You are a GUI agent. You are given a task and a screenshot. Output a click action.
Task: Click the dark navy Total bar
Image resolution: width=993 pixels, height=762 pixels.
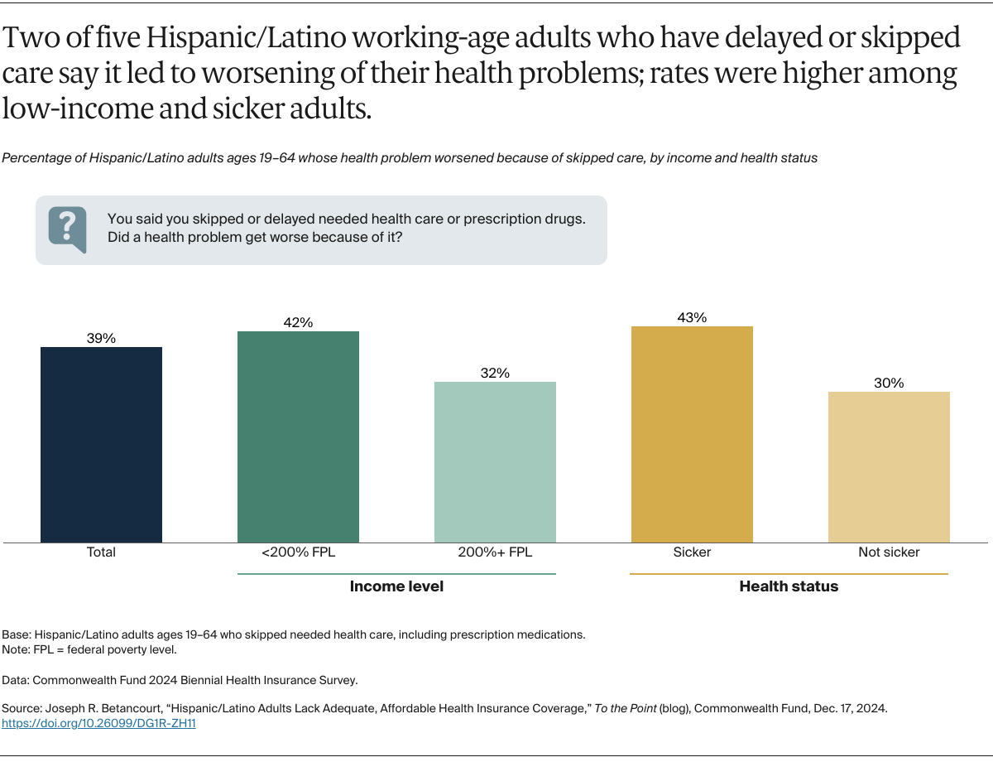(101, 445)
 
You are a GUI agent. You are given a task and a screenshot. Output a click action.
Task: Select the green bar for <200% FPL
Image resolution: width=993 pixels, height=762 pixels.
(298, 436)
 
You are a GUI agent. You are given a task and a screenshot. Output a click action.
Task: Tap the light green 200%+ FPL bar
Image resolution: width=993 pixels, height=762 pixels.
(495, 462)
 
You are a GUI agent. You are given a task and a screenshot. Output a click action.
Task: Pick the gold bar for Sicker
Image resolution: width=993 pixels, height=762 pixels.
(692, 434)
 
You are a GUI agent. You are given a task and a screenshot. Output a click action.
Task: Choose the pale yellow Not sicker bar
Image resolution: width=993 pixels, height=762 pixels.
(889, 467)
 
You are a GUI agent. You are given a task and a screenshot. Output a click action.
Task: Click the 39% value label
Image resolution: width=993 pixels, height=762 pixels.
(101, 338)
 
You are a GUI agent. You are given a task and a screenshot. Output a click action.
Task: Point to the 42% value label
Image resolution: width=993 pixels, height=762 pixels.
(298, 322)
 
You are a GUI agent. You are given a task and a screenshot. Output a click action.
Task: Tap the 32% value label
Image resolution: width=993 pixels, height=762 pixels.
(495, 373)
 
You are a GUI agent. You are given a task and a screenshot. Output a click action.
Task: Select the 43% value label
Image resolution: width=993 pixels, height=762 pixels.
(692, 317)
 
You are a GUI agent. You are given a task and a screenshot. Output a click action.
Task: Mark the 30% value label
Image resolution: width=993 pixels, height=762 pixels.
(889, 383)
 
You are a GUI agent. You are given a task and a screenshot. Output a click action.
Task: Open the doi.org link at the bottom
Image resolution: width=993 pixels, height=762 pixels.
(98, 723)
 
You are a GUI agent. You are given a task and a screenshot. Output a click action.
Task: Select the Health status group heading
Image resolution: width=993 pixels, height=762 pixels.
(789, 586)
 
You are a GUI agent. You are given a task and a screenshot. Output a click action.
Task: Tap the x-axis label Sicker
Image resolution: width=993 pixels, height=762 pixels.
(692, 552)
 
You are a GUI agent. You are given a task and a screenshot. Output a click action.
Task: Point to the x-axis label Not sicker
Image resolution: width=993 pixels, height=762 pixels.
(889, 552)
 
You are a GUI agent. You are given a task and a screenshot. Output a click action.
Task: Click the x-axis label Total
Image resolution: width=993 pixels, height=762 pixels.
(101, 552)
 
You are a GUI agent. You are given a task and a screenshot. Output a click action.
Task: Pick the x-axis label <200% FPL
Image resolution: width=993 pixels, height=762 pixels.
(298, 552)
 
